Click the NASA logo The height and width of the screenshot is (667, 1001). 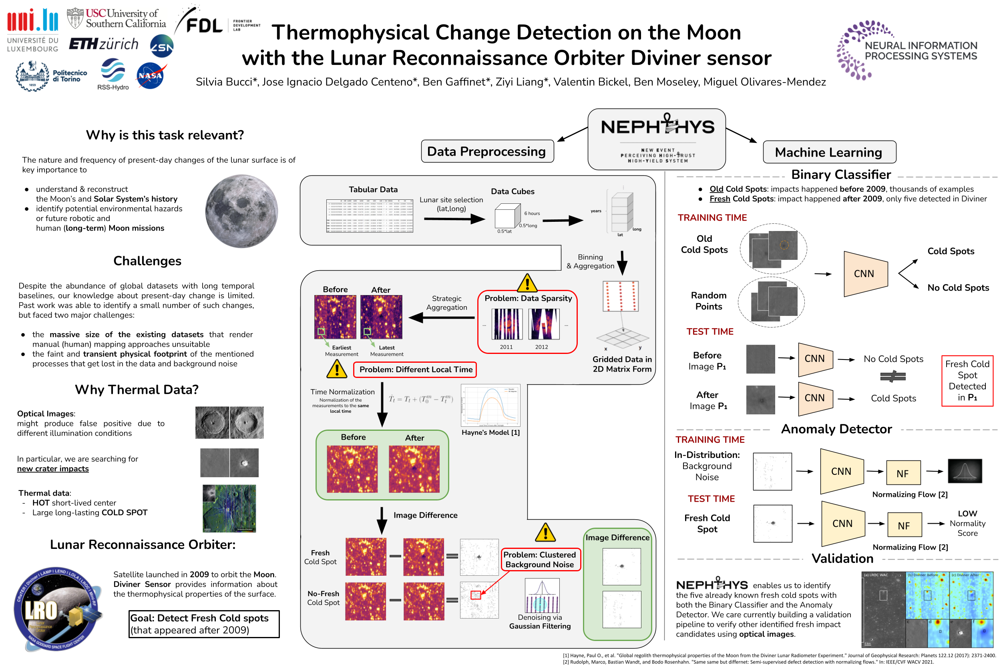[151, 76]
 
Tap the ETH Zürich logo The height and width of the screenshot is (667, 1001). [103, 44]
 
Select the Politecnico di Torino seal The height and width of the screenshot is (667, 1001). [32, 76]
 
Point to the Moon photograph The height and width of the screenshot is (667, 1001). [241, 211]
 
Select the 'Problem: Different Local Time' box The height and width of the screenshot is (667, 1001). [415, 369]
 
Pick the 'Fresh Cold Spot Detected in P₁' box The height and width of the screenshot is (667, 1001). [967, 381]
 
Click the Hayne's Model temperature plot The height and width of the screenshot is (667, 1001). [490, 406]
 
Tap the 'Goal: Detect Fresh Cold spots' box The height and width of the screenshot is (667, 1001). [204, 624]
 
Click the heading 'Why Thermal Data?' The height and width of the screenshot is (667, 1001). [137, 390]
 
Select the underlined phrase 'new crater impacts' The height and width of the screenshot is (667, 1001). [53, 469]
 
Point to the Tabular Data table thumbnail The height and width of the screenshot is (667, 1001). [369, 216]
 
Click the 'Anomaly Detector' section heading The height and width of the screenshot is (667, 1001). [836, 429]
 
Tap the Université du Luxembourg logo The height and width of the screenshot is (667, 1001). [32, 30]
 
